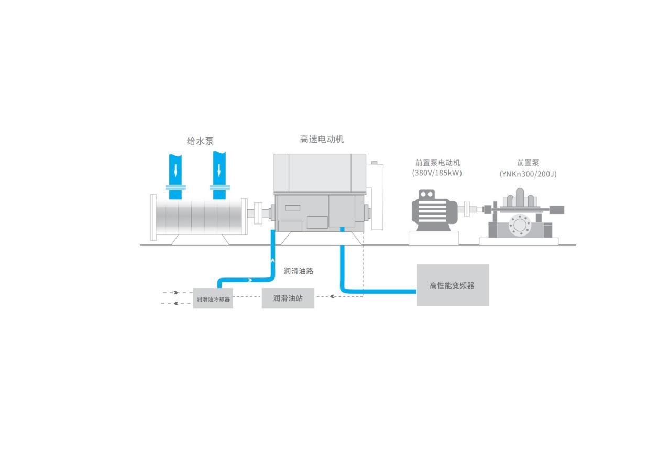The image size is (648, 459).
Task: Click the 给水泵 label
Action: pyautogui.click(x=200, y=141)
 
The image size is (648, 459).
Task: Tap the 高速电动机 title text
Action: pyautogui.click(x=322, y=140)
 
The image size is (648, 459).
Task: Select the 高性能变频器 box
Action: pyautogui.click(x=453, y=285)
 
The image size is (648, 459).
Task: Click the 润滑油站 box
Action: pyautogui.click(x=288, y=298)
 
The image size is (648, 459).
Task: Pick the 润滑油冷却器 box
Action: pyautogui.click(x=213, y=299)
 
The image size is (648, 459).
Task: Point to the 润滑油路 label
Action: pyautogui.click(x=299, y=271)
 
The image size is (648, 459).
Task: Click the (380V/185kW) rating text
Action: pyautogui.click(x=437, y=173)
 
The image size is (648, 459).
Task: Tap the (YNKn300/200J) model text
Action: pyautogui.click(x=528, y=174)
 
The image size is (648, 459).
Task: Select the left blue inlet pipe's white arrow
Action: pyautogui.click(x=175, y=170)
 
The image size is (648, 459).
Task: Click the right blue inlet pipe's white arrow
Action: pyautogui.click(x=219, y=170)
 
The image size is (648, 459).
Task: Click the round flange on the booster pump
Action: pyautogui.click(x=520, y=225)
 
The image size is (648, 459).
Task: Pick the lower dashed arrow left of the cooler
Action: pyautogui.click(x=175, y=303)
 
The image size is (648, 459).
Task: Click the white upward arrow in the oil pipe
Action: pyautogui.click(x=272, y=260)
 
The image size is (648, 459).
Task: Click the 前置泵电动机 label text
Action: pyautogui.click(x=437, y=163)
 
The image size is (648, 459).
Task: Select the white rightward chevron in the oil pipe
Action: pyautogui.click(x=250, y=280)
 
